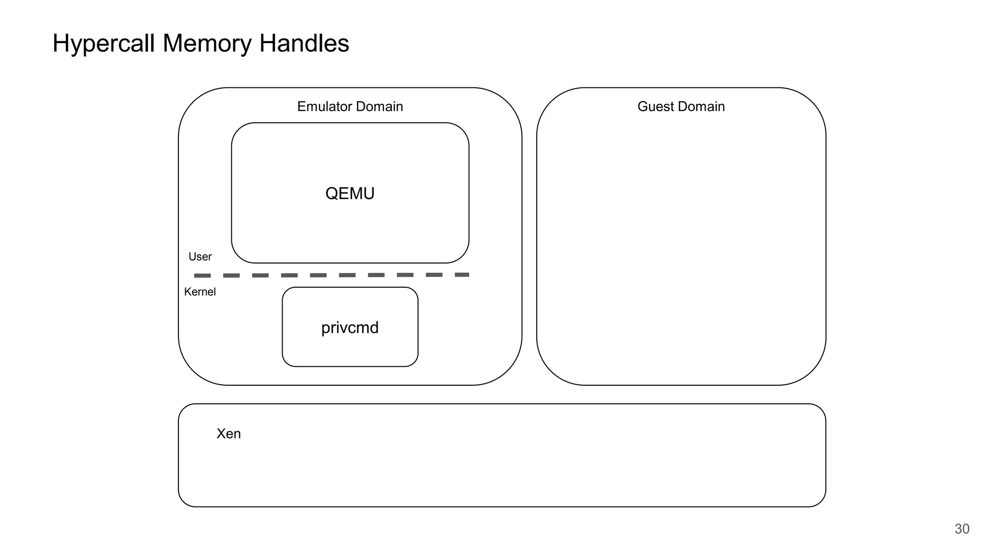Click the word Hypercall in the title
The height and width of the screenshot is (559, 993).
click(x=104, y=44)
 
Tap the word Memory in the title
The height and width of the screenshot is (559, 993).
click(x=207, y=44)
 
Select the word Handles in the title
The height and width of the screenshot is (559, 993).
click(x=304, y=44)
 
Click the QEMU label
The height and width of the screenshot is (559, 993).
click(x=350, y=194)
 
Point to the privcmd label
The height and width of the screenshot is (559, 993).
click(x=350, y=328)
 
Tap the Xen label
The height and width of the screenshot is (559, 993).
click(x=228, y=434)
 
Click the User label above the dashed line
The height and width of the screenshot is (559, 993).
click(x=200, y=257)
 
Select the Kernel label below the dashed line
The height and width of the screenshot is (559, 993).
click(x=200, y=292)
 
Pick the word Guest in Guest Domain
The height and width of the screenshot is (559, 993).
click(x=655, y=107)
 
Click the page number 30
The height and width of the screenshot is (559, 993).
click(x=961, y=529)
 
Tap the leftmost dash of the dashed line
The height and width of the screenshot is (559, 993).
click(x=202, y=276)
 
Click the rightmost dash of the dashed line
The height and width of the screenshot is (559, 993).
click(x=462, y=275)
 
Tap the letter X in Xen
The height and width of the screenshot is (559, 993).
click(x=221, y=434)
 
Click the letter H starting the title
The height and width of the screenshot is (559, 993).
click(x=61, y=44)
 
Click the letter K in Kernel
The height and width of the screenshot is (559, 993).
click(x=187, y=292)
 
